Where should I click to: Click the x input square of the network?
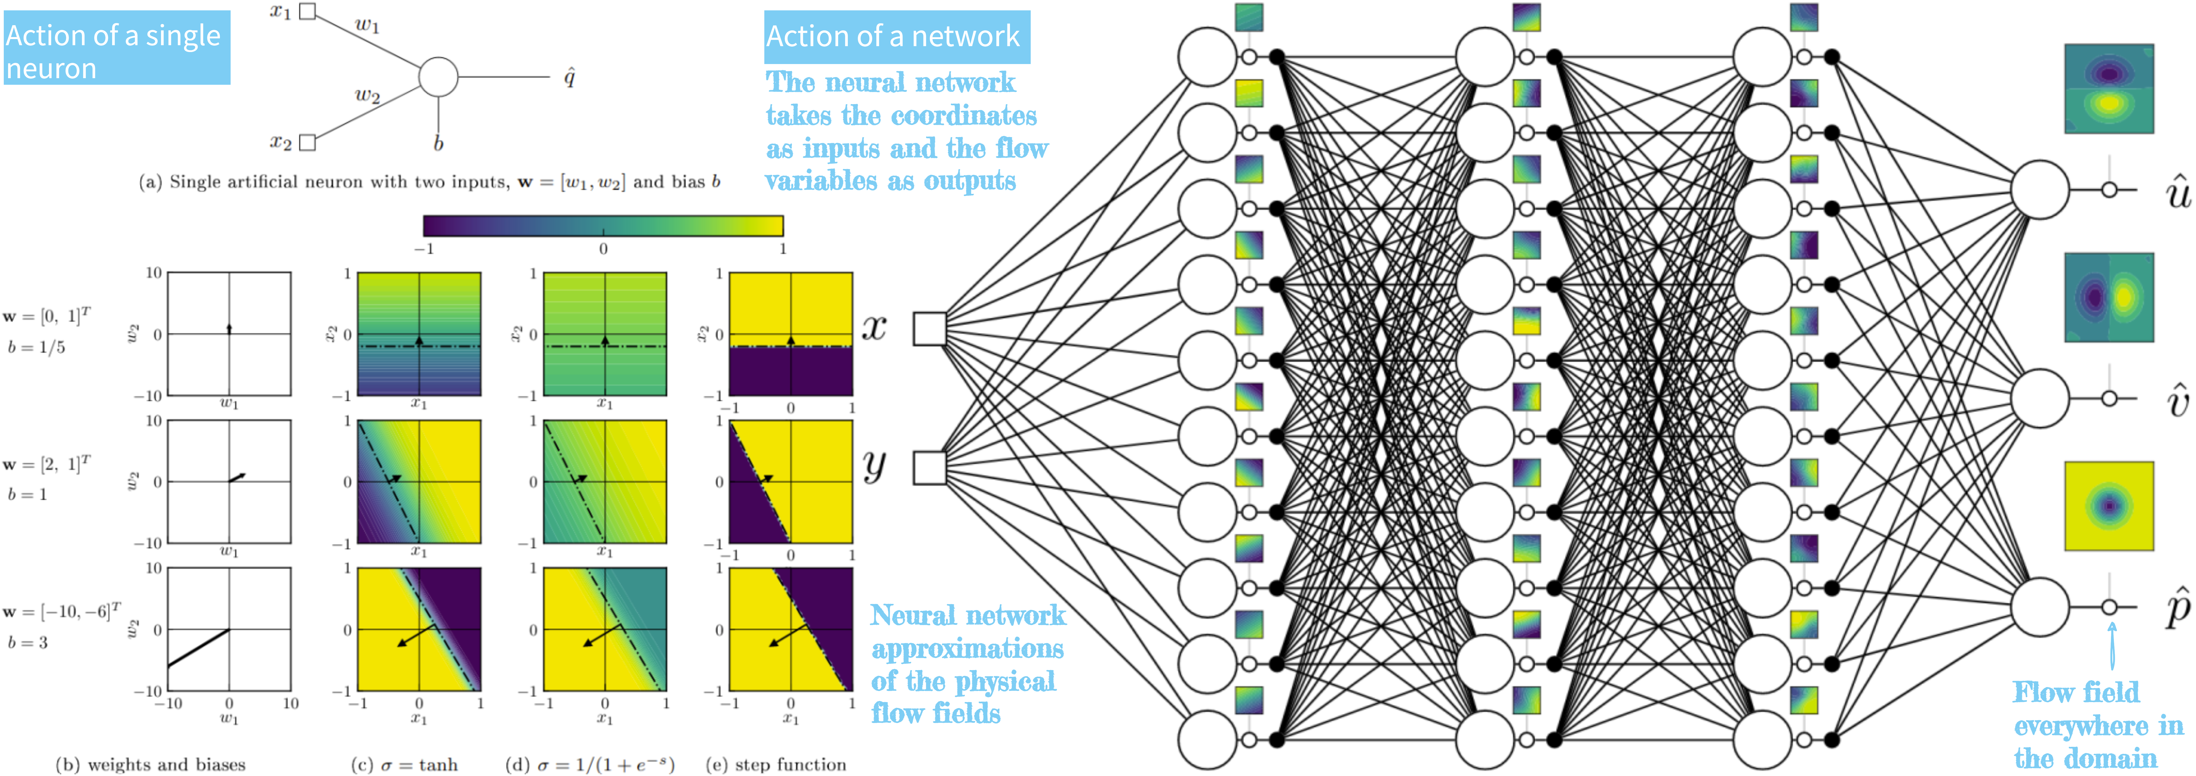(929, 328)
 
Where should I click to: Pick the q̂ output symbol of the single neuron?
(569, 78)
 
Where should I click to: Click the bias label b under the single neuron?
(438, 143)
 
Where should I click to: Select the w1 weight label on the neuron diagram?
(367, 25)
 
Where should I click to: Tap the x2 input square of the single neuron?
(308, 142)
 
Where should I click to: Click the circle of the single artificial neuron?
(438, 77)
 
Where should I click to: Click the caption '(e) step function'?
(776, 764)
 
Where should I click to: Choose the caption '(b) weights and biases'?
(151, 764)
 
